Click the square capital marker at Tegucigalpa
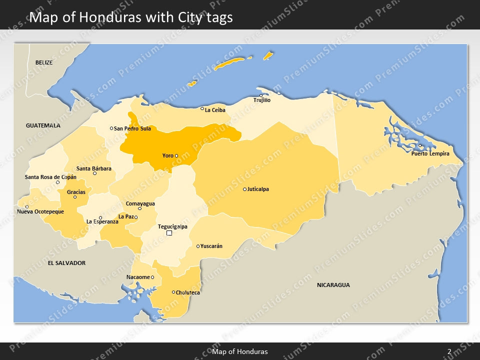(x=169, y=233)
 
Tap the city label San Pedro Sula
(x=132, y=128)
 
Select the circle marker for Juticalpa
(x=244, y=189)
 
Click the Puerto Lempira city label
(x=430, y=153)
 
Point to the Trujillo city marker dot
(x=260, y=95)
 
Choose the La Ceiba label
(x=215, y=110)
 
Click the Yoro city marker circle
(x=176, y=155)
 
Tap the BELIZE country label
(x=44, y=62)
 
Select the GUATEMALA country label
(x=43, y=125)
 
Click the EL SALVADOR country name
(x=66, y=263)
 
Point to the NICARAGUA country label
(x=333, y=285)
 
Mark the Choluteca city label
(x=188, y=292)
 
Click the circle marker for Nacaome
(x=152, y=277)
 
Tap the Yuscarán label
(x=211, y=246)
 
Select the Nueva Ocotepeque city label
(x=40, y=211)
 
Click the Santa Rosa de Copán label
(x=50, y=177)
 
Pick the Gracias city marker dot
(x=75, y=197)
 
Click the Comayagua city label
(x=140, y=203)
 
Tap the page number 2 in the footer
(x=449, y=351)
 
